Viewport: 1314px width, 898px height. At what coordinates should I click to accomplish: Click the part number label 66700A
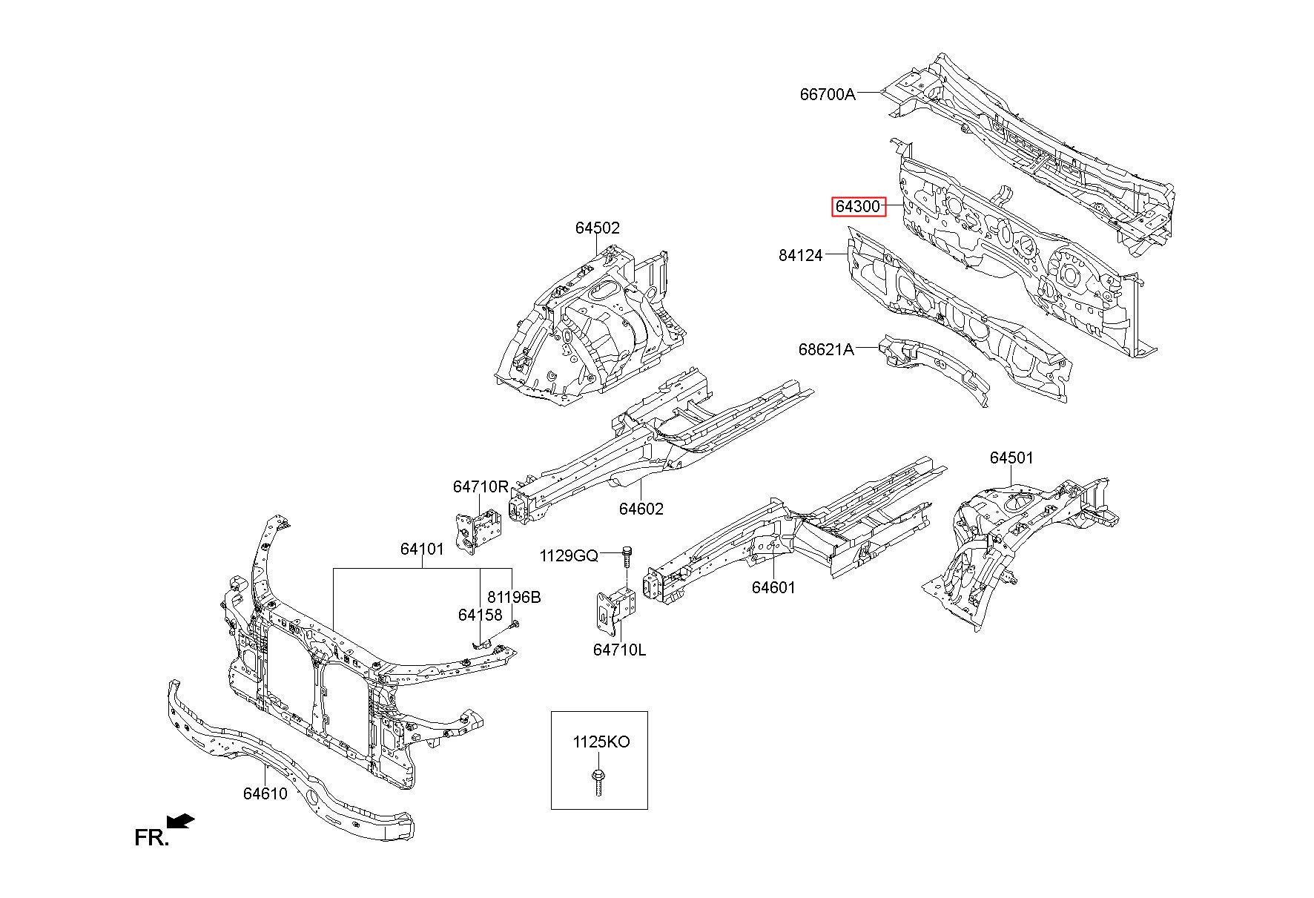tap(827, 94)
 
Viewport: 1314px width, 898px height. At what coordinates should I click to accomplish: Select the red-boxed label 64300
tap(858, 206)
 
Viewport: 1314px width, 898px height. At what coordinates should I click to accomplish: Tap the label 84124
tap(801, 255)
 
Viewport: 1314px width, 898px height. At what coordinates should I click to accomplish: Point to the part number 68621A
tap(826, 349)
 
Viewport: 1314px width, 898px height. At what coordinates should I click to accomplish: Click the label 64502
tap(597, 228)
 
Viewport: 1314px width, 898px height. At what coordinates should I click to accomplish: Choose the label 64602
tap(641, 509)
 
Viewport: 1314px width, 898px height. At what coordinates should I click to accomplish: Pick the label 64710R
tap(481, 486)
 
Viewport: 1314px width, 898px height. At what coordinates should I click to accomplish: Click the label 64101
tap(422, 549)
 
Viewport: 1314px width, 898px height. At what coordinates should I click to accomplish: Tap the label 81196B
tap(514, 597)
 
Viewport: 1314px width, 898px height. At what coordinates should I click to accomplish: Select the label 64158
tap(480, 615)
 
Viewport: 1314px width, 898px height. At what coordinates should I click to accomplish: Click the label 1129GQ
tap(568, 555)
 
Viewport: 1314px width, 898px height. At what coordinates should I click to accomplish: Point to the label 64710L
tap(619, 650)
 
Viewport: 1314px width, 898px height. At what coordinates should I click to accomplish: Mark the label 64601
tap(773, 587)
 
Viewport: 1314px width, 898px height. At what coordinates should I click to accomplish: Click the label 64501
tap(1011, 458)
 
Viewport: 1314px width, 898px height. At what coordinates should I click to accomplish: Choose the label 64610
tap(265, 793)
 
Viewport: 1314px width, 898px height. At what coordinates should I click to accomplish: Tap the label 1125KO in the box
tap(601, 742)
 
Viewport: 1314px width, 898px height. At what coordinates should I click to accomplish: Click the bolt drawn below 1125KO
tap(597, 782)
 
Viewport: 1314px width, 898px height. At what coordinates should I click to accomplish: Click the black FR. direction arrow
tap(181, 821)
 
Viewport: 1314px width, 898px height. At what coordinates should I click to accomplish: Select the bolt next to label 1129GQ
tap(627, 555)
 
